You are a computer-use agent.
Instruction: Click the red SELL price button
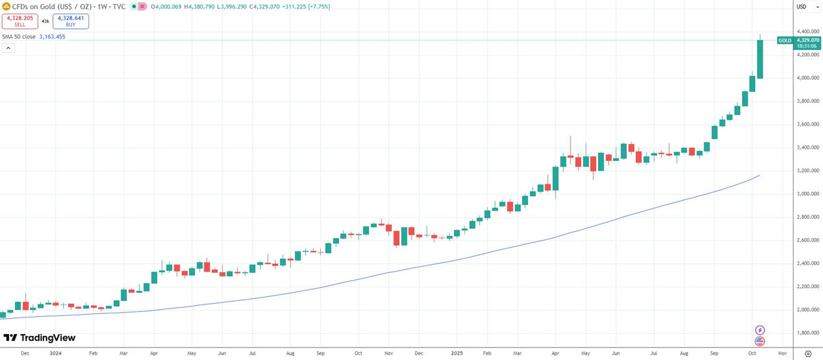point(19,21)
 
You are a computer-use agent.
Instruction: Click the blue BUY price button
point(71,21)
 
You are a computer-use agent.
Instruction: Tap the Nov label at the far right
point(780,354)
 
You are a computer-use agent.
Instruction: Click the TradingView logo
point(39,338)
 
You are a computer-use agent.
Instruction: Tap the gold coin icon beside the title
point(6,6)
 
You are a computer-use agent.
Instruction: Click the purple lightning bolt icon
point(759,331)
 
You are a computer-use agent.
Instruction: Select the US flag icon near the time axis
point(759,341)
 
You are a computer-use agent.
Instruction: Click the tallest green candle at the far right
point(760,59)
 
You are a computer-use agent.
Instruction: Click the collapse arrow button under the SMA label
point(9,49)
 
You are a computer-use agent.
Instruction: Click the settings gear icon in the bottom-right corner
point(808,354)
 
